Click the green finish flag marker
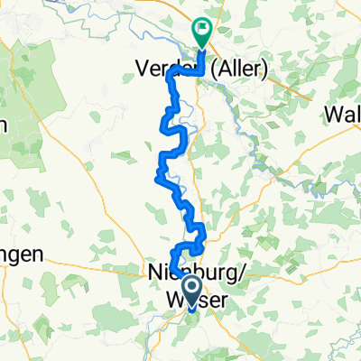tap(201, 32)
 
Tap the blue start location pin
tap(191, 291)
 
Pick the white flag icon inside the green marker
tap(201, 29)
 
